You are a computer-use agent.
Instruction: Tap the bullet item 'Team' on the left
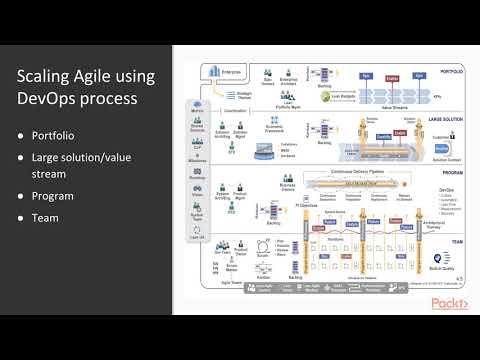pos(45,217)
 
